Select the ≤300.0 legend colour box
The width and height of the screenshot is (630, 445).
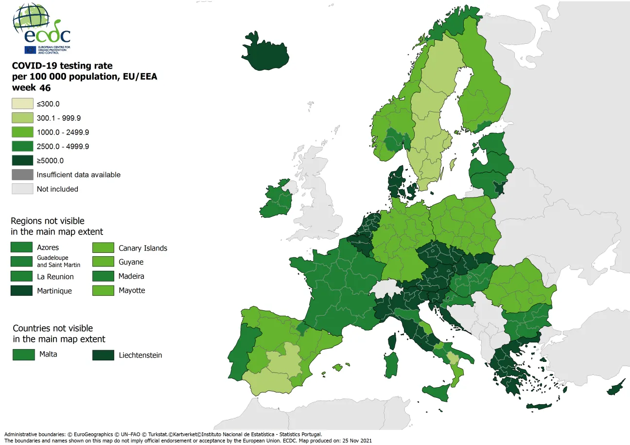point(22,104)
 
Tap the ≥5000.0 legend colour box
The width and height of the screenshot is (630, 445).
point(22,160)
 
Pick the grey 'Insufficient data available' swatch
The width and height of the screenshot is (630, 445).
point(22,175)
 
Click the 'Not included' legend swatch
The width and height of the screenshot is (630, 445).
point(22,189)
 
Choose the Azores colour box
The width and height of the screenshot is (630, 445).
point(21,248)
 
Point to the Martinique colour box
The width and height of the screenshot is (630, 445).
point(21,291)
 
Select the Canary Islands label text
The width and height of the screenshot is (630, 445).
point(142,248)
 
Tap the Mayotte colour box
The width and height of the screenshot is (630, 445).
point(103,291)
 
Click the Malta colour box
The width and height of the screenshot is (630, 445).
point(23,355)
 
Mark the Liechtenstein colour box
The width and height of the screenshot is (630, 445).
point(103,355)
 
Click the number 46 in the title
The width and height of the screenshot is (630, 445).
point(45,88)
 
